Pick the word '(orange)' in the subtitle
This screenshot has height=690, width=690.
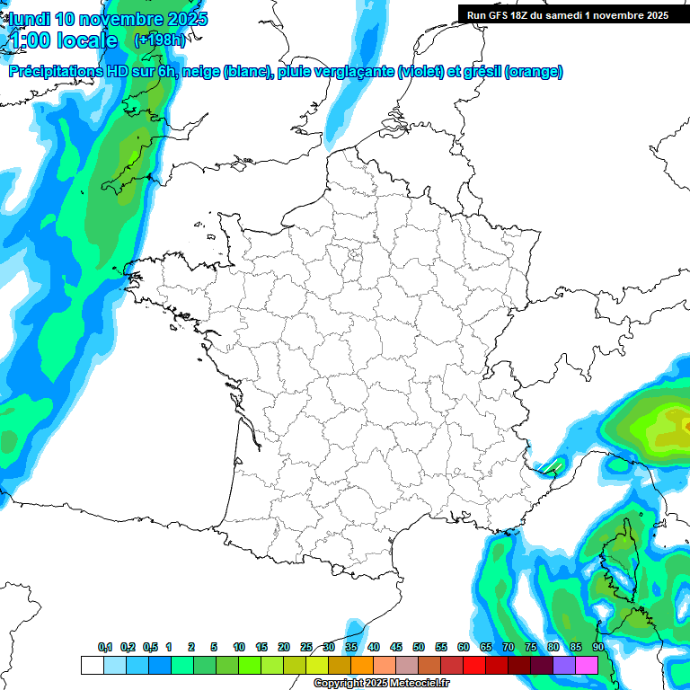[534, 72]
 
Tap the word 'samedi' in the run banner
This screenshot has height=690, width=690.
[563, 14]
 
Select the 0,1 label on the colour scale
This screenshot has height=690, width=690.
[105, 648]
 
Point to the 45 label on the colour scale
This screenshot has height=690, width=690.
[396, 648]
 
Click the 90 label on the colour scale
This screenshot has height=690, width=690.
[597, 648]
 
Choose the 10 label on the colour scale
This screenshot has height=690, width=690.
[239, 648]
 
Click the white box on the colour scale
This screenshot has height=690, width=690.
[92, 665]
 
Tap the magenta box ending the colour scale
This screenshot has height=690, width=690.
[586, 665]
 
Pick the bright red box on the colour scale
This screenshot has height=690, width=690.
[473, 665]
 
